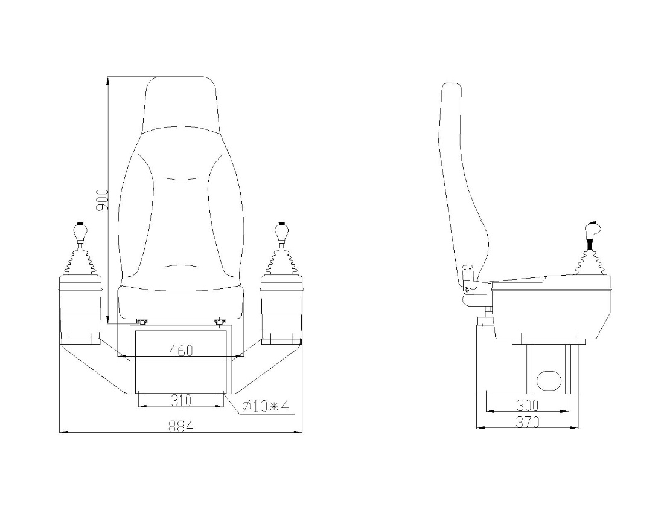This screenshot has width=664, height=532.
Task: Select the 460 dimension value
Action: point(181,351)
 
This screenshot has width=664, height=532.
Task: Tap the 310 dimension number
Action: point(181,400)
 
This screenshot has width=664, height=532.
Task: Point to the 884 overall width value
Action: point(180,426)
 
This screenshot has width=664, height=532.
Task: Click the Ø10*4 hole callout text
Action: point(266,406)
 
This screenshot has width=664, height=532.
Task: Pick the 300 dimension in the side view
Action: point(527,404)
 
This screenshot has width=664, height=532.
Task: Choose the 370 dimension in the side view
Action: point(527,422)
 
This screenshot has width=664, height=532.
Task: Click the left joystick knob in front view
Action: point(79,231)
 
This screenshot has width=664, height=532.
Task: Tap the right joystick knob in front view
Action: point(281,231)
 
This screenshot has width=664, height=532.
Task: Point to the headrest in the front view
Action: point(181,103)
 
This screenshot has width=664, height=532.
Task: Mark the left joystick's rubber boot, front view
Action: point(79,261)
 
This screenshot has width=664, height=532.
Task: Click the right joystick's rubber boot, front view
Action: point(281,261)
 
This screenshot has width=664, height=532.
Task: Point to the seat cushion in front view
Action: point(181,302)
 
